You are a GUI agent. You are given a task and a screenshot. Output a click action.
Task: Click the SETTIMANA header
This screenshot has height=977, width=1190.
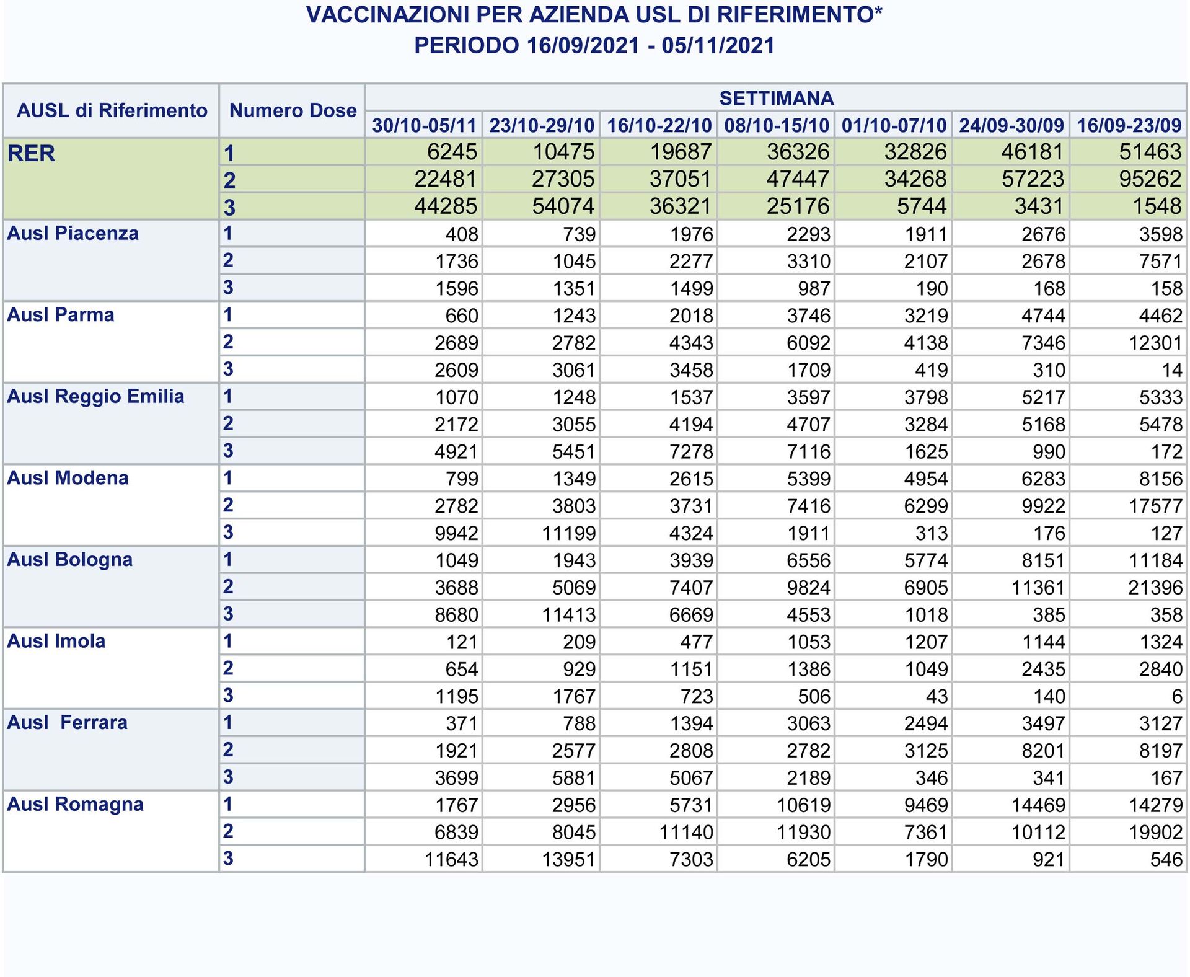(776, 98)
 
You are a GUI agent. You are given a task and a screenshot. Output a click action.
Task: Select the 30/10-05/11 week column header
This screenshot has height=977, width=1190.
(424, 125)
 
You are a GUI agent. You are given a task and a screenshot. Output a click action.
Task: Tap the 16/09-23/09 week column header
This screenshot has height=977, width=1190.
(1129, 125)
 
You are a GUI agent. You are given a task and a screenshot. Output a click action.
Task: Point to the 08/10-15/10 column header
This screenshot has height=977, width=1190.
(776, 125)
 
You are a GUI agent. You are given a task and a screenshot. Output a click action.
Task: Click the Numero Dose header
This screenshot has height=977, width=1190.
(293, 111)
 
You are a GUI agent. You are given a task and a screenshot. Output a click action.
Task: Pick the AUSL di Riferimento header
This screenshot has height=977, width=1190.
(112, 111)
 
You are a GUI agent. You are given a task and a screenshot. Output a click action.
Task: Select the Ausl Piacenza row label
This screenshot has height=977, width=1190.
(73, 234)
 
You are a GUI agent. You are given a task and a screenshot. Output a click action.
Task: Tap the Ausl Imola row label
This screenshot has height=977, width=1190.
(56, 641)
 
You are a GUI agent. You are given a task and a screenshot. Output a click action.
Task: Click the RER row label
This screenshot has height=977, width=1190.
(31, 153)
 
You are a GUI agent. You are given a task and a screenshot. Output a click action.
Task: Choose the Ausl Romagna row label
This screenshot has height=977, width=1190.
(75, 804)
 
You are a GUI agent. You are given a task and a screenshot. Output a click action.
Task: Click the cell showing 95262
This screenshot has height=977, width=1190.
(1150, 179)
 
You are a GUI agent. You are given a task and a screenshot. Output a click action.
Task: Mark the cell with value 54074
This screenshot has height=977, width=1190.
(563, 206)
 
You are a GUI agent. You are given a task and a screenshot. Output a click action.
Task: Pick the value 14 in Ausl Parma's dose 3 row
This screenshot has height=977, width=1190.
(1171, 370)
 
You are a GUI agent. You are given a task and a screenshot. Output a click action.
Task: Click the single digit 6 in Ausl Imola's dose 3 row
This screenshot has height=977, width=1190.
(1176, 696)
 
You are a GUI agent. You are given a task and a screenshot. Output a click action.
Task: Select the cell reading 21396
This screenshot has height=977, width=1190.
(1155, 588)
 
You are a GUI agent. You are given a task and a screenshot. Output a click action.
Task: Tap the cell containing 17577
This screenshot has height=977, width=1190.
(1155, 506)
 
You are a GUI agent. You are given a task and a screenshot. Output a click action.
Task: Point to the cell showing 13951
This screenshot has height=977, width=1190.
(568, 859)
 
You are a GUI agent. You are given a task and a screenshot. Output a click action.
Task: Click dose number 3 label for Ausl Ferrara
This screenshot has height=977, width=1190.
(228, 777)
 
